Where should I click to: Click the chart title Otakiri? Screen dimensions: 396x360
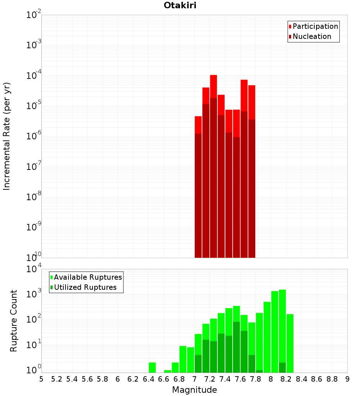[180, 5]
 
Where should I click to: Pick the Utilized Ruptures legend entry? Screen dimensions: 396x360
[85, 287]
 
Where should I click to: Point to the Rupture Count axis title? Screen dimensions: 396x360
[14, 321]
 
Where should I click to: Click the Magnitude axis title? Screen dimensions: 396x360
[194, 390]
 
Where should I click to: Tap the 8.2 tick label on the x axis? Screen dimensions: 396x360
[287, 379]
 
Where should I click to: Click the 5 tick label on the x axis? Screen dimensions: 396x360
[41, 379]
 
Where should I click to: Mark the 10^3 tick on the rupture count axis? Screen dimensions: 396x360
[35, 294]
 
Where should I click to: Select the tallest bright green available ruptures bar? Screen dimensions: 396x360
[282, 324]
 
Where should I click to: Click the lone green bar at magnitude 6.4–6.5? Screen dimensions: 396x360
[152, 368]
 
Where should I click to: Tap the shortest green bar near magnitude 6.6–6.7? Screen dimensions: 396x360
[167, 371]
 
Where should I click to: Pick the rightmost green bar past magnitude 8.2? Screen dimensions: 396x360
[290, 342]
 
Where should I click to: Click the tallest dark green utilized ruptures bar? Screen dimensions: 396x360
[237, 346]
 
